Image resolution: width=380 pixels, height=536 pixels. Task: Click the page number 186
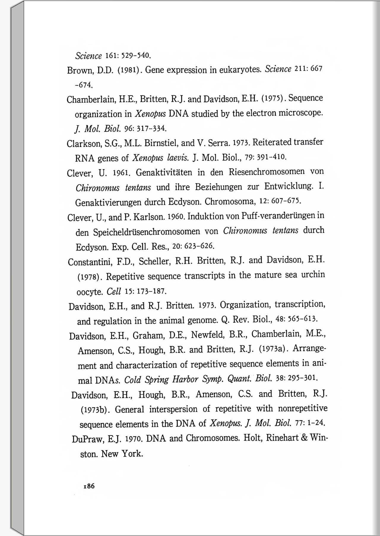point(89,486)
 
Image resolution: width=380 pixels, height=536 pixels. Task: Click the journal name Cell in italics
point(114,291)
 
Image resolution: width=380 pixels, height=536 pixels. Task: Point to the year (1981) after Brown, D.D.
point(129,70)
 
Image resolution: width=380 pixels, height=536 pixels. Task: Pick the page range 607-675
point(286,201)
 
